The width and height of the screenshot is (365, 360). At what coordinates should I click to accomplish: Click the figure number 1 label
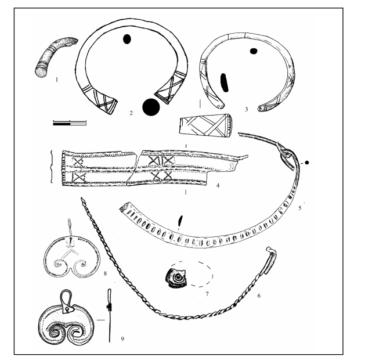(56, 80)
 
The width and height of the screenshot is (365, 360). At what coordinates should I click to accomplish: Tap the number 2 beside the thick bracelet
(131, 113)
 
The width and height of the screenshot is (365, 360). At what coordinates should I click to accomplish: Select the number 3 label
(247, 109)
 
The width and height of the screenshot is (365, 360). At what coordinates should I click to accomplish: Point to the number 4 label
(218, 185)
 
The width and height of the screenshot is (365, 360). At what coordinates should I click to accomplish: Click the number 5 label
(300, 208)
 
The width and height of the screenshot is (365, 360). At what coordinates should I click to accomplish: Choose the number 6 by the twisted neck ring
(259, 296)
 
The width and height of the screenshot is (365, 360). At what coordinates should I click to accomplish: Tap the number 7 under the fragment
(207, 294)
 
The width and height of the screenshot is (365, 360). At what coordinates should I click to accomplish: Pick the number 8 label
(105, 273)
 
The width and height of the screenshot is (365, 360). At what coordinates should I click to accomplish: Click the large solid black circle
(151, 107)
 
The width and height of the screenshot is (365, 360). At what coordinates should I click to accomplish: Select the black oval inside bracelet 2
(127, 39)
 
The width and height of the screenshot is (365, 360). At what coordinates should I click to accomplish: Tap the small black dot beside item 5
(307, 163)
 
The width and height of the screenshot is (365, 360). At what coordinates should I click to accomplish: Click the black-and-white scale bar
(70, 123)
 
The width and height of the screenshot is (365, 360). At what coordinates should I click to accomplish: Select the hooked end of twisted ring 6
(271, 260)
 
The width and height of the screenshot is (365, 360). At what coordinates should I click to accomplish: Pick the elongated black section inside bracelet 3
(224, 82)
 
